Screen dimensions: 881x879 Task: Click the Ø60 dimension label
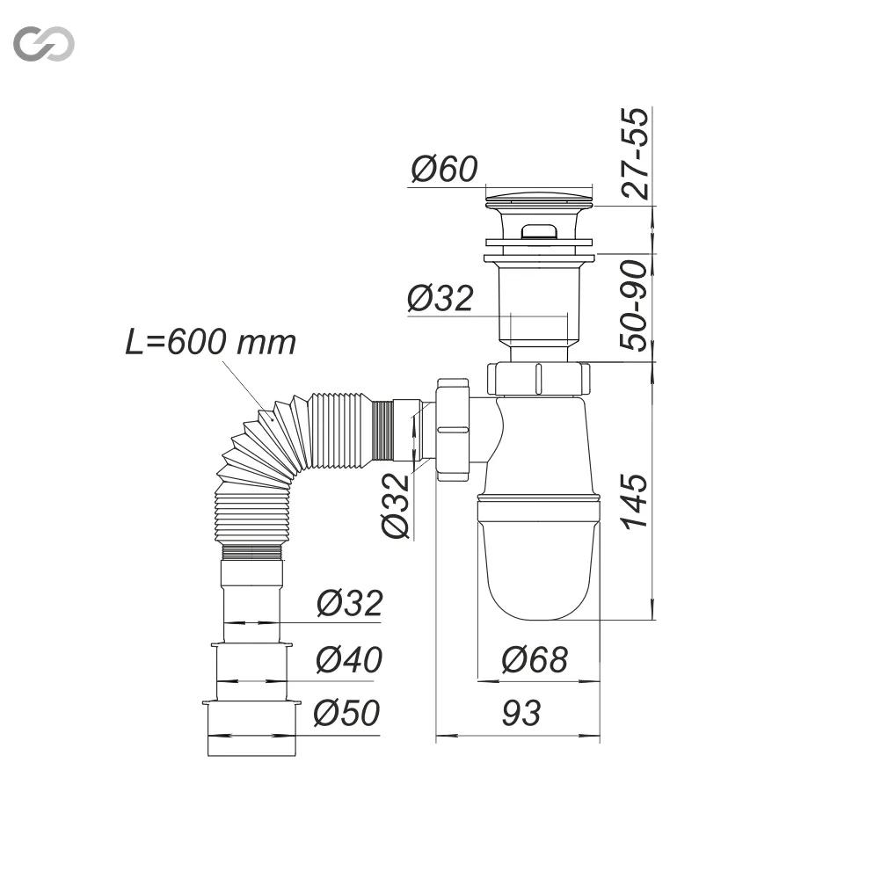[x=444, y=169]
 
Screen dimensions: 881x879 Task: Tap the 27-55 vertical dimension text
[x=636, y=154]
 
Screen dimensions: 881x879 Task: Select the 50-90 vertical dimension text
[x=634, y=306]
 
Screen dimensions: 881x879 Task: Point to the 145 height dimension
[x=635, y=501]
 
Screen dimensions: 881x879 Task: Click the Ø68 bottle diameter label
[x=535, y=659]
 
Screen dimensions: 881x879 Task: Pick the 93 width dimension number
[x=521, y=714]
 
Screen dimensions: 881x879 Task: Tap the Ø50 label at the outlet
[x=346, y=713]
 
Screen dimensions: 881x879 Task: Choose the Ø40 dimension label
[x=349, y=659]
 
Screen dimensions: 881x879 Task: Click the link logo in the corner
[x=44, y=44]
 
